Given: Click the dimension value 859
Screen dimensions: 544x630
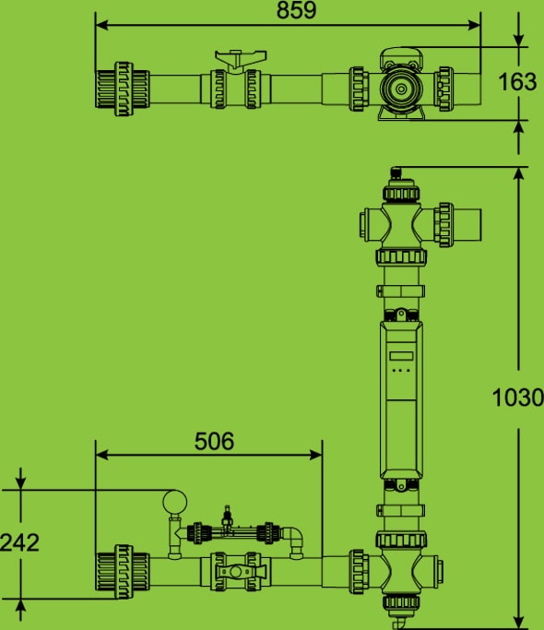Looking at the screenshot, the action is [x=296, y=10].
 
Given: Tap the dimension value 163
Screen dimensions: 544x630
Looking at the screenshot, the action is [x=517, y=81].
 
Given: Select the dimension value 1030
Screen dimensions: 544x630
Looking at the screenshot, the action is [x=517, y=398].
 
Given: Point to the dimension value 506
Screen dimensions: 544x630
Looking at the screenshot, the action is [x=214, y=441].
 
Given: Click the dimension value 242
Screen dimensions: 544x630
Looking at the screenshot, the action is [x=19, y=542].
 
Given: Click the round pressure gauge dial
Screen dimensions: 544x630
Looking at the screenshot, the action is [x=175, y=502].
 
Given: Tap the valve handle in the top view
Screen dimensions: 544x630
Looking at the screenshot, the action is [x=241, y=59].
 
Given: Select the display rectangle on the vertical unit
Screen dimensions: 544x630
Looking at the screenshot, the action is [x=401, y=355].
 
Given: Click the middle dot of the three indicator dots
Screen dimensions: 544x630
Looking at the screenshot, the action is [x=401, y=371].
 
